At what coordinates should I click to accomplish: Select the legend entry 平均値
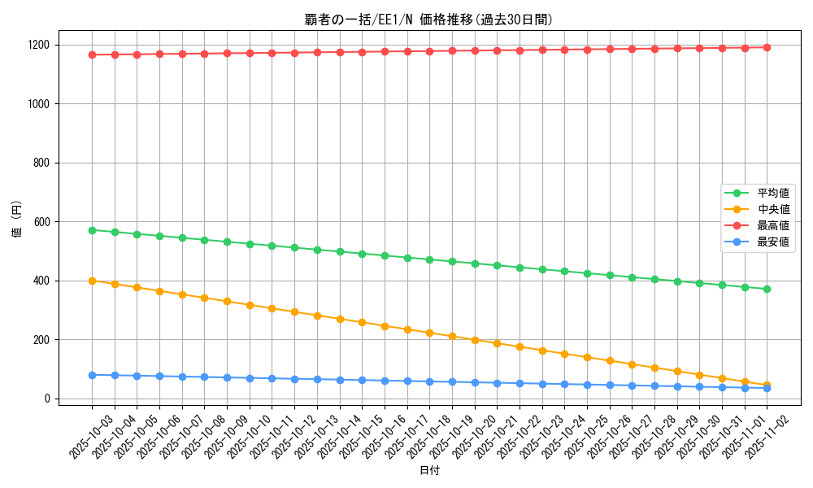[x=773, y=194]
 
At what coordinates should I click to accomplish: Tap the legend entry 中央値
[x=773, y=210]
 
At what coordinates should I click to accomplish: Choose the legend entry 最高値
[x=773, y=225]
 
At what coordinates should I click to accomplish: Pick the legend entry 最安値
[x=773, y=242]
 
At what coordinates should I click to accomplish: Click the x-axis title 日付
[x=429, y=471]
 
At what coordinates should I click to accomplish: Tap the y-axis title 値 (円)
[x=17, y=221]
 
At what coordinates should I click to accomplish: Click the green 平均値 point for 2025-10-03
[x=92, y=230]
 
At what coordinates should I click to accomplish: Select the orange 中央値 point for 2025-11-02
[x=767, y=386]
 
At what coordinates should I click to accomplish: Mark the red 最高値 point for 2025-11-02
[x=767, y=47]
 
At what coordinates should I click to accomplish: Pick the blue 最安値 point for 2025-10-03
[x=92, y=375]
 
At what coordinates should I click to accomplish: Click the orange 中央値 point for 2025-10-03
[x=92, y=281]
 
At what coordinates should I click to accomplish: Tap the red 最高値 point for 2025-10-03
[x=92, y=54]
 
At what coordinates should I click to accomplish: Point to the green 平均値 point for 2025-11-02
[x=767, y=289]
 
